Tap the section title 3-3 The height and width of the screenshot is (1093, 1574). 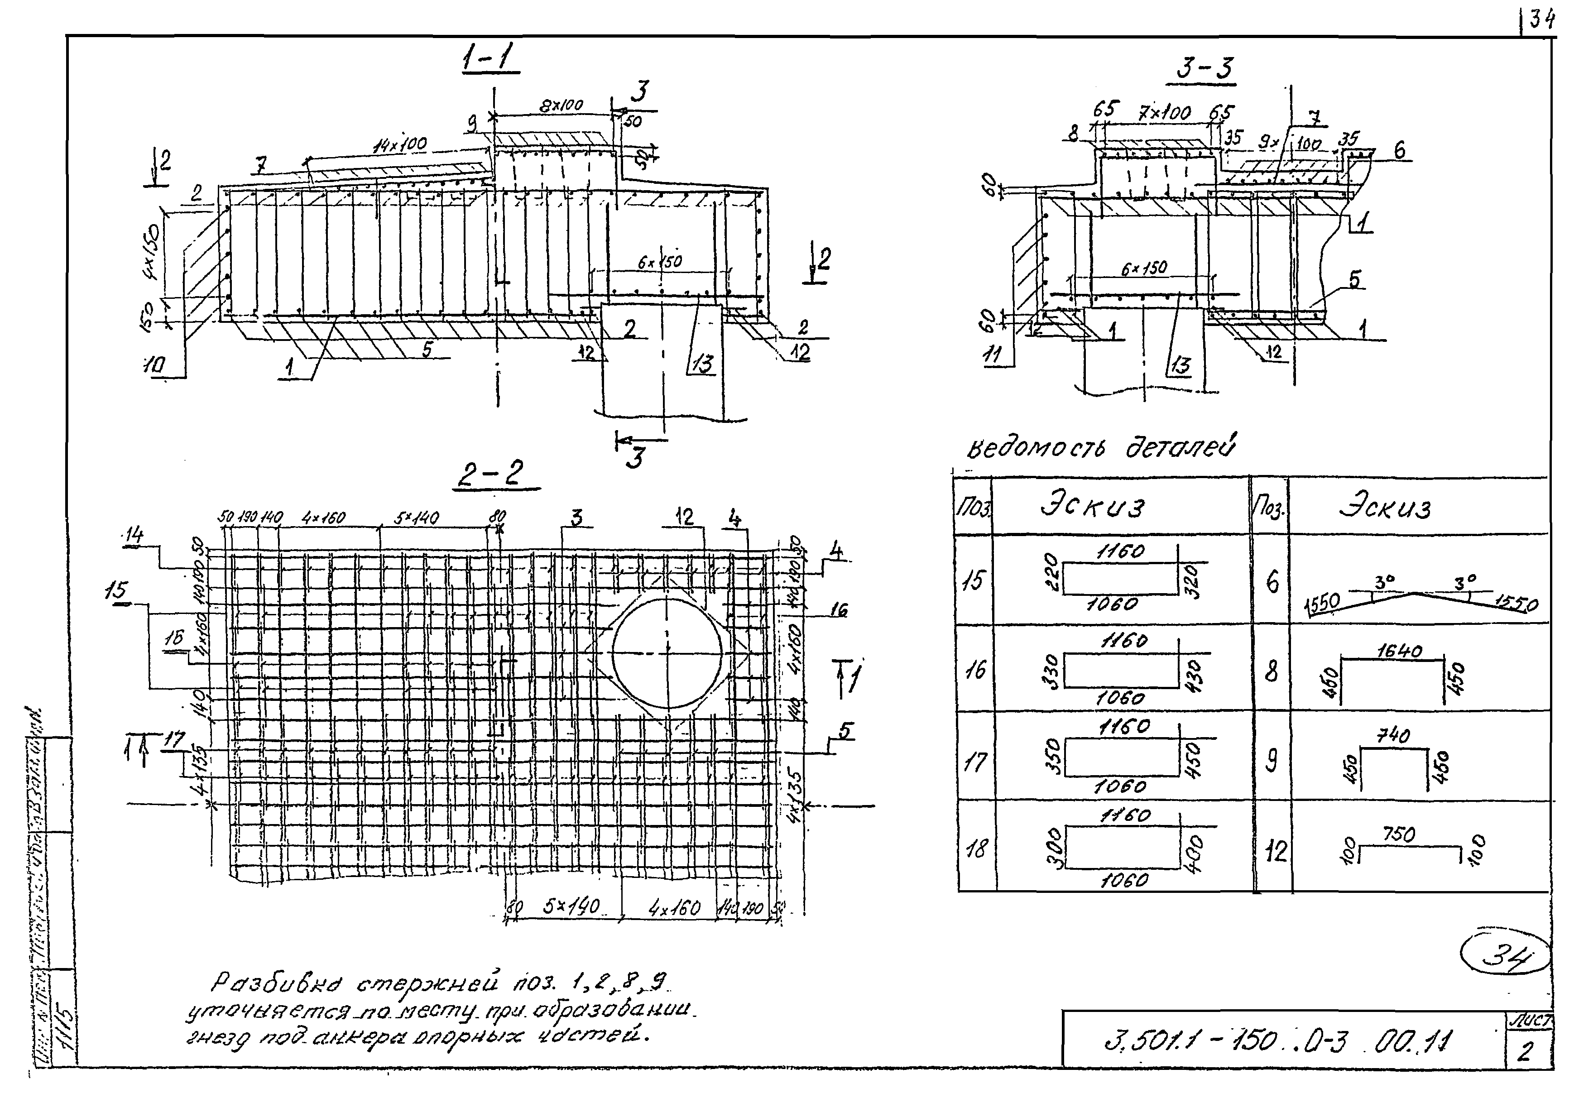tap(1205, 68)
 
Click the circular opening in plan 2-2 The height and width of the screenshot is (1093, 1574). tap(667, 653)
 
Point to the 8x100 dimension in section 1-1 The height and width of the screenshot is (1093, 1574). tap(560, 105)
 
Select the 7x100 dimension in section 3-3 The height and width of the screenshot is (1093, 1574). tap(1164, 113)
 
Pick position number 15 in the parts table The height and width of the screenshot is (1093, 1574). tap(973, 580)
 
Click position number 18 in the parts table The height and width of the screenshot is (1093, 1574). tap(975, 849)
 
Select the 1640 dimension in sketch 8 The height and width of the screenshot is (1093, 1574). tap(1399, 651)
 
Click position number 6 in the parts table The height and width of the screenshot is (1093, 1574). tap(1272, 582)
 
